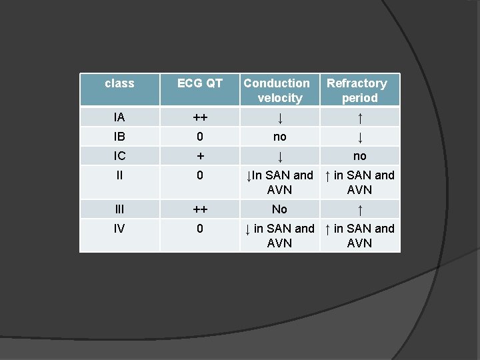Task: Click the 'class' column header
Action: (119, 83)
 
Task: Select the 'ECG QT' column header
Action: (199, 83)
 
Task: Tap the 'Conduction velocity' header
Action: (279, 91)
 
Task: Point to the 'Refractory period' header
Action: (359, 91)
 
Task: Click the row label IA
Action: (119, 117)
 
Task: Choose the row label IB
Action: (119, 137)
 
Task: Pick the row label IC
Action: (119, 156)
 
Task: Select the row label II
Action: (119, 175)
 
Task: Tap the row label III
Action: (119, 209)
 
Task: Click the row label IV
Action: (119, 229)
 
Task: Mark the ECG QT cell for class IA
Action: (199, 118)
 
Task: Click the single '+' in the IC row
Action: (199, 156)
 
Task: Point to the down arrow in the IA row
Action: (280, 118)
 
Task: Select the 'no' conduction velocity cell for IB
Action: (279, 137)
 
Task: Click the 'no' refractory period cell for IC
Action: (359, 156)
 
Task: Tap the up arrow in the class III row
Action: (360, 210)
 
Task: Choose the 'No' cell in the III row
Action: (279, 209)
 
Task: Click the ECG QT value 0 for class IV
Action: (199, 229)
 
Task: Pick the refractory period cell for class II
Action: (359, 182)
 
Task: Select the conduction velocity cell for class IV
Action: (279, 235)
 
